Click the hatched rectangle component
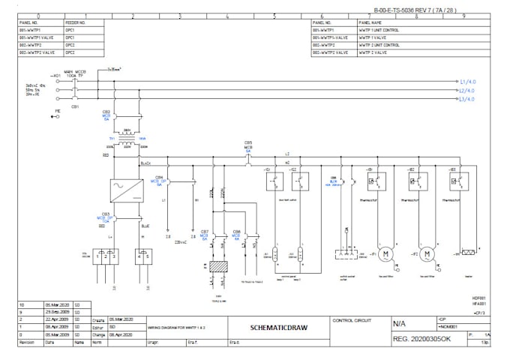(217, 267)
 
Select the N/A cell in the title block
(401, 324)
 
